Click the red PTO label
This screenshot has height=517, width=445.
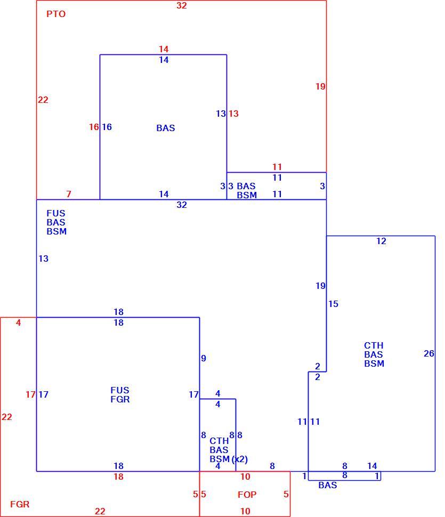pos(56,14)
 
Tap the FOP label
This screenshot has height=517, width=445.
pos(247,495)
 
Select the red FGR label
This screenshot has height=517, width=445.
pos(20,504)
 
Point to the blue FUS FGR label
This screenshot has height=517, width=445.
pos(120,394)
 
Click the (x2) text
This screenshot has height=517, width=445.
pos(240,459)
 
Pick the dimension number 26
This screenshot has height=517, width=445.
pos(429,353)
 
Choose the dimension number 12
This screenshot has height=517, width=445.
pos(381,241)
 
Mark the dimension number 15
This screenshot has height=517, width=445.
pos(333,304)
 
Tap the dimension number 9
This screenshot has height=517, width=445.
pos(204,358)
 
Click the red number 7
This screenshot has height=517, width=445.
pos(69,194)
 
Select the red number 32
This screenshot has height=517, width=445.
pos(182,5)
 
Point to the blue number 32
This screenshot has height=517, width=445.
pos(182,205)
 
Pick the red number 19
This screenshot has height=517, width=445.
pos(320,86)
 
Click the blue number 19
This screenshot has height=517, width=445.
pos(320,286)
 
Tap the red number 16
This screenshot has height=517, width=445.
pos(94,127)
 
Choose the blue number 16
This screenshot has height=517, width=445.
pos(107,127)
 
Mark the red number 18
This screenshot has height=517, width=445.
pos(119,476)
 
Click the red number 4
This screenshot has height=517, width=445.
pos(19,322)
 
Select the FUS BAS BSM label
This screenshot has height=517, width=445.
pos(56,222)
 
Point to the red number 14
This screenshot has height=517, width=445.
pos(164,49)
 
